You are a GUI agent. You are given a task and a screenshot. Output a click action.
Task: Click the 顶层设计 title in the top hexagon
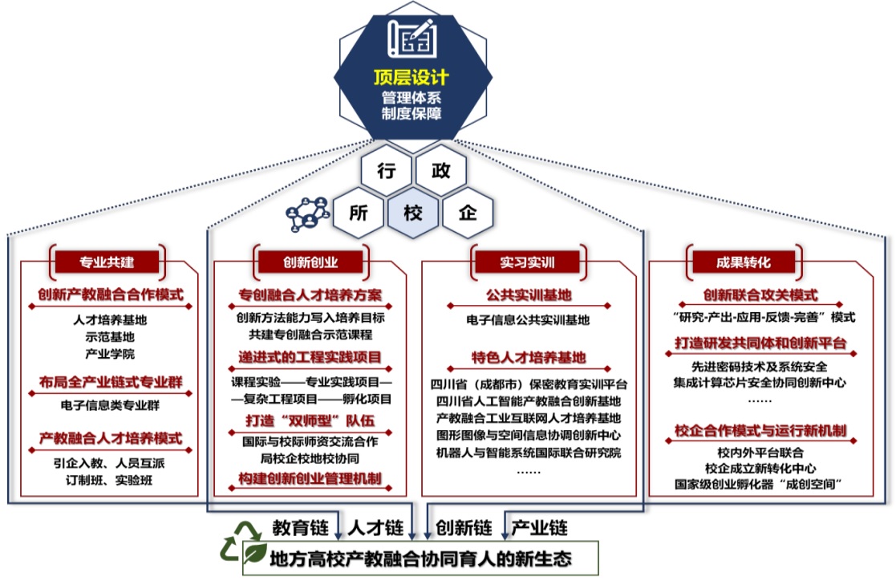[412, 79]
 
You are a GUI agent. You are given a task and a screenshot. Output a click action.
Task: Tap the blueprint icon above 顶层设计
[412, 37]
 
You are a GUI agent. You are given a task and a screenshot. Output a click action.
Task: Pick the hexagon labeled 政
[440, 170]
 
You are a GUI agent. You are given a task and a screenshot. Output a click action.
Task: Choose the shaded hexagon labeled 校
[413, 213]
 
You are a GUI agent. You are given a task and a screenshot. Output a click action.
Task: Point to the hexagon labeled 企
[467, 213]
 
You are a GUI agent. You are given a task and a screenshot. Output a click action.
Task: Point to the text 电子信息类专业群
[110, 404]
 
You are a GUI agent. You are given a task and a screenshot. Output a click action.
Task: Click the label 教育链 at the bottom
[300, 528]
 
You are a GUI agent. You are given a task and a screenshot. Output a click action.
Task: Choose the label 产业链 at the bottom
[540, 528]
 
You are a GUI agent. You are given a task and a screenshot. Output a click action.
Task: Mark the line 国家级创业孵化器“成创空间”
[761, 484]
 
